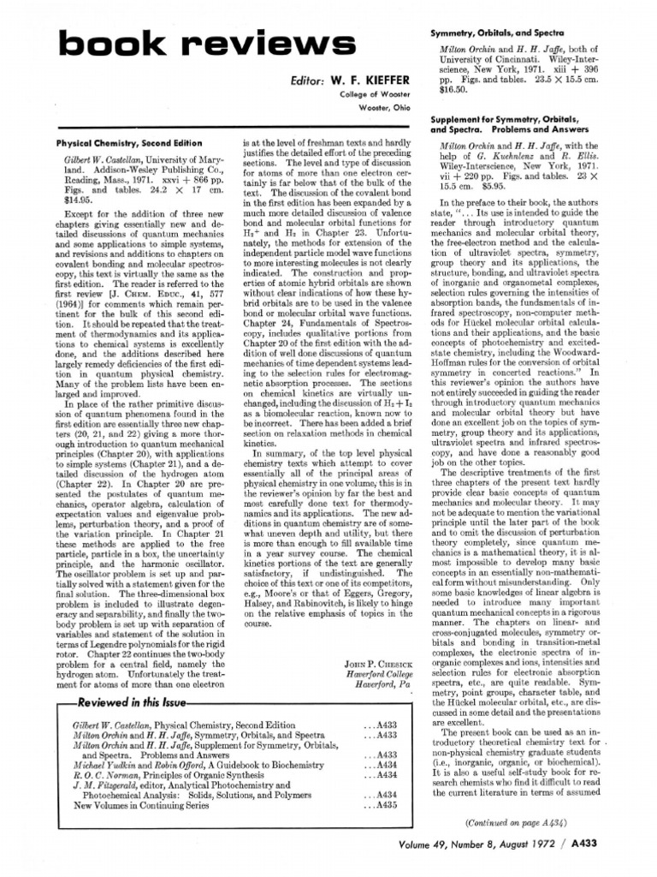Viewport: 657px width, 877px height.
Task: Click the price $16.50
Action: (x=453, y=87)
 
